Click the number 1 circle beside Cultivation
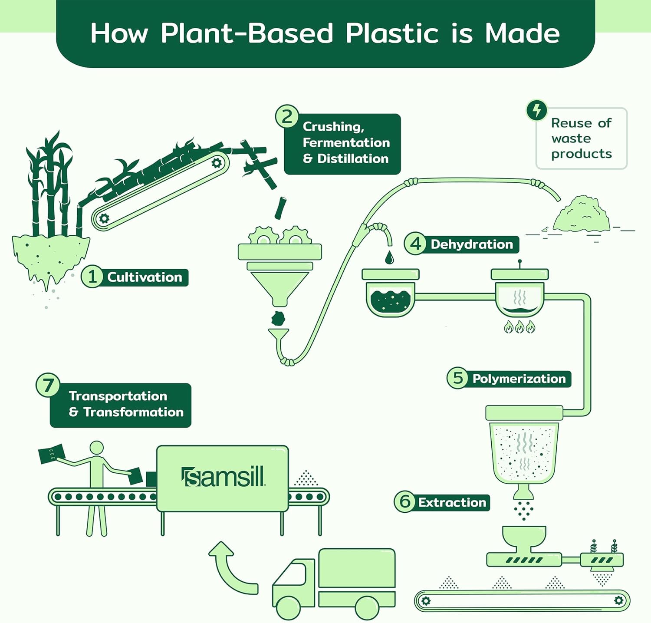pyautogui.click(x=92, y=277)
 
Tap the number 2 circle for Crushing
pyautogui.click(x=287, y=117)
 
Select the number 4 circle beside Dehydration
pyautogui.click(x=415, y=244)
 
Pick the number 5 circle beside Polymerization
pyautogui.click(x=457, y=378)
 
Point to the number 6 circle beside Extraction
pyautogui.click(x=404, y=501)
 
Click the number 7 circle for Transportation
pyautogui.click(x=47, y=385)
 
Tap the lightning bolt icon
pyautogui.click(x=537, y=110)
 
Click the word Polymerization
pyautogui.click(x=519, y=379)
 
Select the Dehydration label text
pyautogui.click(x=471, y=244)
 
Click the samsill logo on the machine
pyautogui.click(x=223, y=477)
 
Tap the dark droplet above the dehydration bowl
pyautogui.click(x=389, y=257)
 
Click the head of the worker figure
pyautogui.click(x=96, y=448)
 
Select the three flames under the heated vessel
pyautogui.click(x=519, y=326)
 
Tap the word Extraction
pyautogui.click(x=452, y=502)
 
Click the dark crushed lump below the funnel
pyautogui.click(x=278, y=318)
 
